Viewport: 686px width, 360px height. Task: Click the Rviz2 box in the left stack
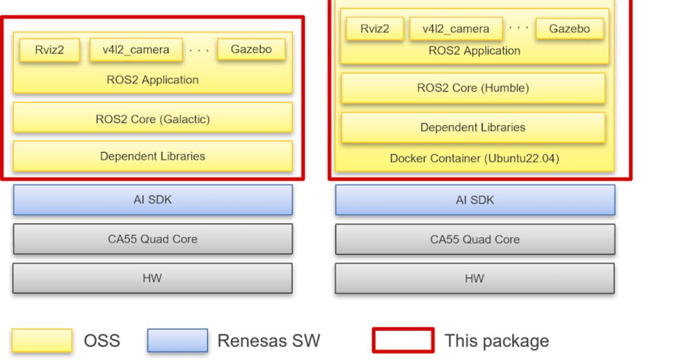(49, 50)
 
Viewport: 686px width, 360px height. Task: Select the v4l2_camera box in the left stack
(135, 50)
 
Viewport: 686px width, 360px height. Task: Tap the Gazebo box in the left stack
(251, 50)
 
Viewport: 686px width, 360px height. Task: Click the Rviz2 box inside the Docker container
(374, 29)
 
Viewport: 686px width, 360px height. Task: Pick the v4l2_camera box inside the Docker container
(456, 29)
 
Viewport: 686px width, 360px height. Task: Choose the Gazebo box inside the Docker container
(569, 29)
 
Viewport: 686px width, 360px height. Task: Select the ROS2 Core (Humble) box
(473, 88)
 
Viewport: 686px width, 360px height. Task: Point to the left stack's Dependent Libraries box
(153, 155)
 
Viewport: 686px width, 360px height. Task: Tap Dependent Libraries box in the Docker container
(473, 127)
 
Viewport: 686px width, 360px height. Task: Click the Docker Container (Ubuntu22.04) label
(474, 158)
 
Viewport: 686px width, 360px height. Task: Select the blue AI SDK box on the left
(153, 199)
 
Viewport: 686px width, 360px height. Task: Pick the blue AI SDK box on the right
(474, 199)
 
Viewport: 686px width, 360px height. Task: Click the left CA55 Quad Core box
(153, 239)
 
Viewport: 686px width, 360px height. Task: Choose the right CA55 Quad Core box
(474, 239)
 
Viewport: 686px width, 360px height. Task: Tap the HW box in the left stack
(153, 278)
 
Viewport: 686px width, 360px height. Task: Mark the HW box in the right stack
(474, 278)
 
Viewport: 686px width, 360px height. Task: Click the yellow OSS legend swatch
(42, 341)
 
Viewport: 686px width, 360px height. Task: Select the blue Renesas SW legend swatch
(177, 341)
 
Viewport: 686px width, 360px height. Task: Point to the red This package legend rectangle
(403, 340)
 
